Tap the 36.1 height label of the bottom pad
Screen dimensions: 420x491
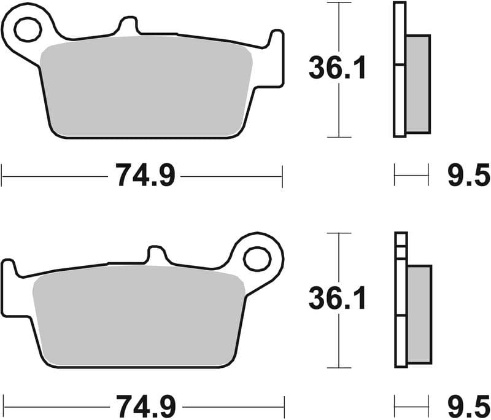337,300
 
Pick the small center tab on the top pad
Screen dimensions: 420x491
128,26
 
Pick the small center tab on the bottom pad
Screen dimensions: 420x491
158,255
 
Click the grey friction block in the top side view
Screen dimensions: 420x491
417,84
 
